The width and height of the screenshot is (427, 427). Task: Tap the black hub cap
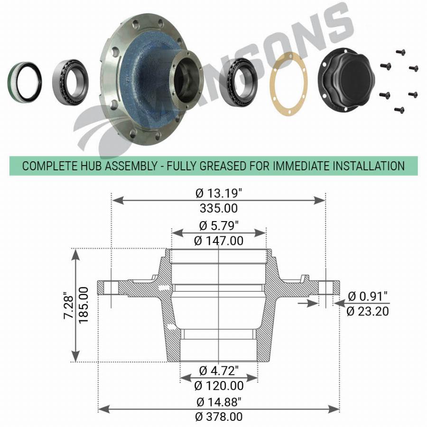click(x=346, y=80)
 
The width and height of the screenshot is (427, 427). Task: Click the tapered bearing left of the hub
click(x=70, y=82)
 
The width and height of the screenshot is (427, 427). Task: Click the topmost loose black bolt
click(x=400, y=52)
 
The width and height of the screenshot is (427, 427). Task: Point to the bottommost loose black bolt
click(x=399, y=110)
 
